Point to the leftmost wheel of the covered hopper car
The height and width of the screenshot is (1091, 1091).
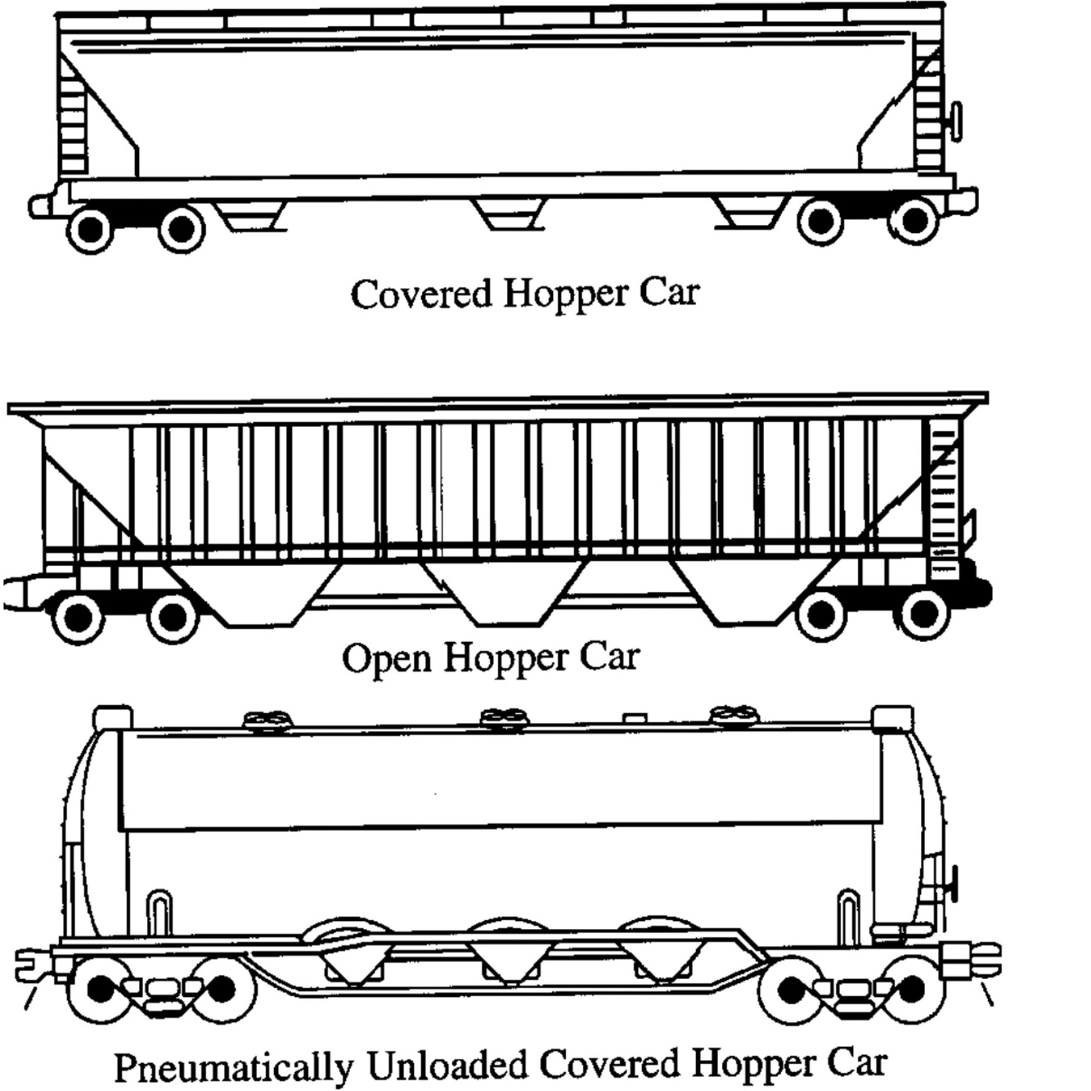[x=89, y=229]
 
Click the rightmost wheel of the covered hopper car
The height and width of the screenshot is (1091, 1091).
[x=913, y=220]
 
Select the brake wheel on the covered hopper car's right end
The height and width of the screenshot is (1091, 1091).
[x=954, y=122]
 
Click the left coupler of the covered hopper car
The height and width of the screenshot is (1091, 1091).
[x=41, y=204]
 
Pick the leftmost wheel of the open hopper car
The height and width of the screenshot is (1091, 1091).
[x=78, y=618]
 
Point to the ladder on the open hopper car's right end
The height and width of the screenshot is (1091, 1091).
[x=943, y=499]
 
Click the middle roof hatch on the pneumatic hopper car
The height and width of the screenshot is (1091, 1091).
[x=503, y=720]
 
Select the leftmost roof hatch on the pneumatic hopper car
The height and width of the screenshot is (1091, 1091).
[x=268, y=721]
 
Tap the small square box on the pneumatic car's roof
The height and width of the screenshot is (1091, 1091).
[x=635, y=718]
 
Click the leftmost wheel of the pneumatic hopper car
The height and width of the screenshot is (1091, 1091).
[x=100, y=990]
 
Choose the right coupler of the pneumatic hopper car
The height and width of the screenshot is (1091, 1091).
[x=973, y=959]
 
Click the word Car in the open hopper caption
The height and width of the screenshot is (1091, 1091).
[x=608, y=657]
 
